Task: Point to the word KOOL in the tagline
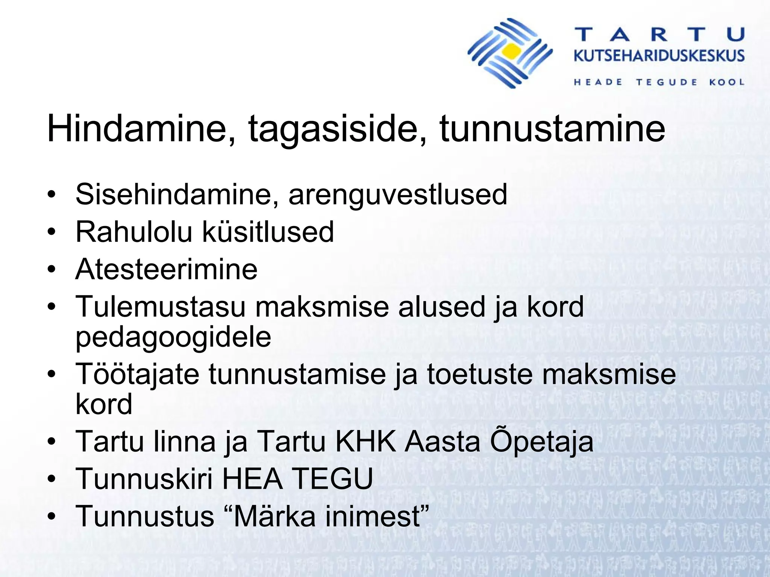727,82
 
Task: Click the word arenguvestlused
398,195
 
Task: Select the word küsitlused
268,231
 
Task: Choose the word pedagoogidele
173,337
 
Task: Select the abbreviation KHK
365,441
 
